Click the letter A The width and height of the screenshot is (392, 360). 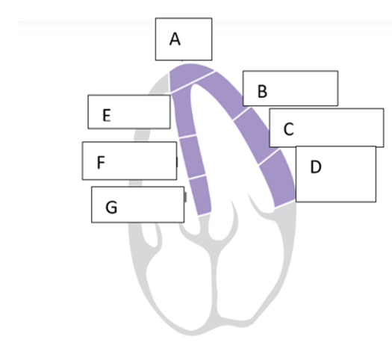[x=175, y=39]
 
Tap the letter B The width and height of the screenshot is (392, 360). [x=262, y=91]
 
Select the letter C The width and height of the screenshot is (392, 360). [x=289, y=129]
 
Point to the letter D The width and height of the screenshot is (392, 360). [x=316, y=167]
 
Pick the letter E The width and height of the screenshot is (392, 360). [x=107, y=115]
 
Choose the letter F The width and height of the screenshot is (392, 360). [x=101, y=162]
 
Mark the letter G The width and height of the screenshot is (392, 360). [x=111, y=208]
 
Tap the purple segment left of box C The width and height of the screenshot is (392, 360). [x=255, y=135]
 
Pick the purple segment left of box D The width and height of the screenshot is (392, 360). [x=279, y=178]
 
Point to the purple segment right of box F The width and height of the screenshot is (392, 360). [x=193, y=156]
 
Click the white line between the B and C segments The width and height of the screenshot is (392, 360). [x=241, y=114]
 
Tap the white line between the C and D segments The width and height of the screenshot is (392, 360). [x=269, y=157]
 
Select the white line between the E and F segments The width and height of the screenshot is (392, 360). [x=187, y=136]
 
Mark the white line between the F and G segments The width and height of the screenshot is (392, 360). [x=197, y=177]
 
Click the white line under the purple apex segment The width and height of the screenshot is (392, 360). [x=193, y=82]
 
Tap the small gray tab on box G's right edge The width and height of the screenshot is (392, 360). [x=185, y=197]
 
